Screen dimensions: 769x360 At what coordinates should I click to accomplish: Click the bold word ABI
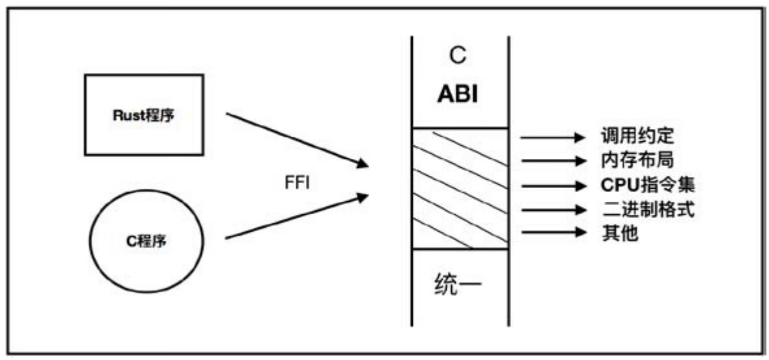(458, 94)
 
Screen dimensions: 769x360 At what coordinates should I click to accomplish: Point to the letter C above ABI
(458, 57)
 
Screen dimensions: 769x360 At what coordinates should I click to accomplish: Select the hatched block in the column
(460, 189)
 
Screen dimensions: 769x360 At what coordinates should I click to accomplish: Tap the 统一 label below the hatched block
(458, 286)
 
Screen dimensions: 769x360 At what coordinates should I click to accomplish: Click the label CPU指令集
(647, 186)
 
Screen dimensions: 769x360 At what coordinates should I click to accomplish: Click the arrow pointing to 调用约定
(553, 138)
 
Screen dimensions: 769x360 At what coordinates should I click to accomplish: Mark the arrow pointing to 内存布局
(553, 160)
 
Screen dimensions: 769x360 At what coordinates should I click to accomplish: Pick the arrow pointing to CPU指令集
(553, 186)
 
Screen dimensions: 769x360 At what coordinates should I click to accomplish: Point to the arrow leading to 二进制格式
(553, 210)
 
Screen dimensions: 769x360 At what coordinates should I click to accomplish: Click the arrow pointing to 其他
(553, 231)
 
